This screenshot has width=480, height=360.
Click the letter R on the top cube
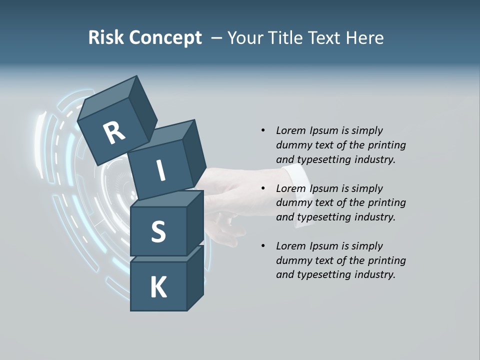pos(114,133)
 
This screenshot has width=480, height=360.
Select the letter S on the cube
pos(158,231)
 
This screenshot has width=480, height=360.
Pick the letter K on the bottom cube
pos(158,287)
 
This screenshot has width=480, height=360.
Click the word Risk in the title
pos(106,38)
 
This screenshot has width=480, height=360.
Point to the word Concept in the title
pos(166,38)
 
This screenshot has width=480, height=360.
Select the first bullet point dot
pos(263,130)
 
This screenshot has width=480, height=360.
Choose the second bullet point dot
pos(263,188)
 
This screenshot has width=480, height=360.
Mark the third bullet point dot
pos(263,246)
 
